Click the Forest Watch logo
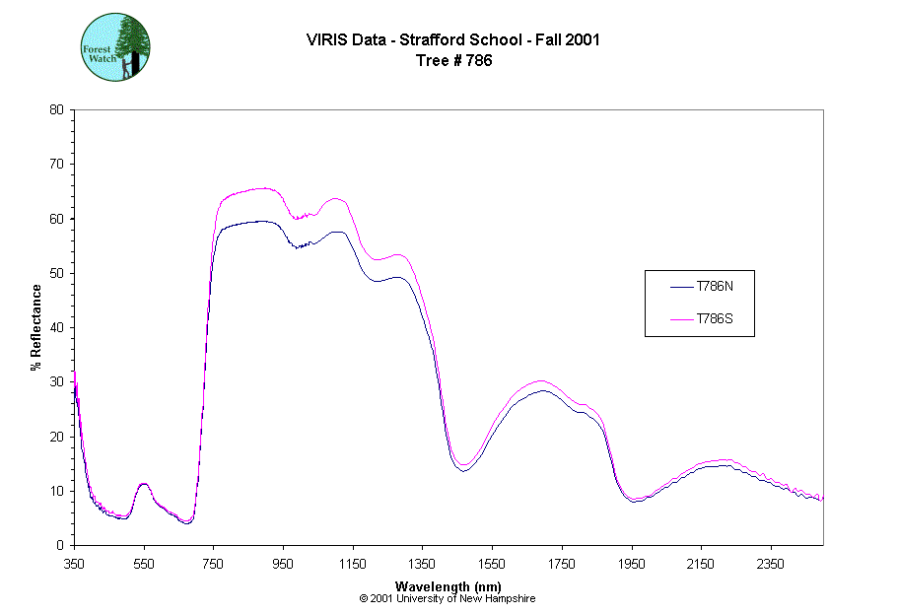pyautogui.click(x=115, y=47)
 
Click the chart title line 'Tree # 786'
pyautogui.click(x=453, y=60)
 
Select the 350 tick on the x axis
pyautogui.click(x=75, y=564)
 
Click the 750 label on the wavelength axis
pyautogui.click(x=214, y=564)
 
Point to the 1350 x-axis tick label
pyautogui.click(x=422, y=564)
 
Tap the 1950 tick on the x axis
pyautogui.click(x=631, y=564)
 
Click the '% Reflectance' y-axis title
pyautogui.click(x=36, y=327)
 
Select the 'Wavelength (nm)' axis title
pyautogui.click(x=449, y=586)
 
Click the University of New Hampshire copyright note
pyautogui.click(x=448, y=598)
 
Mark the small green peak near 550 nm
pyautogui.click(x=144, y=484)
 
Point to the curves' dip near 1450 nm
pyautogui.click(x=461, y=468)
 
